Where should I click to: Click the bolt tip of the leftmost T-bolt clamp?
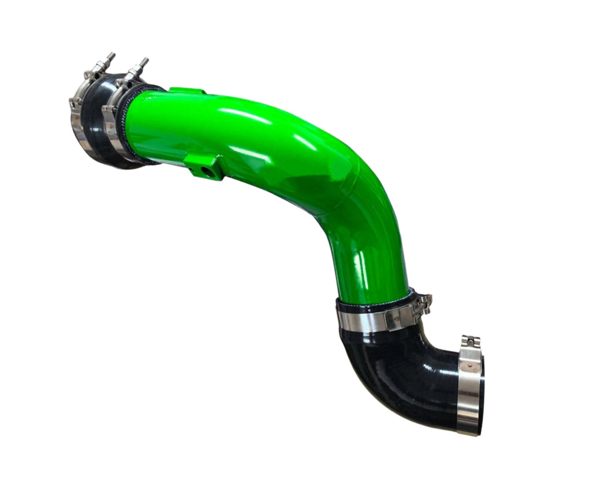tap(112, 55)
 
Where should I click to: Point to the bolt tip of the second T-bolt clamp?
tap(145, 61)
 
